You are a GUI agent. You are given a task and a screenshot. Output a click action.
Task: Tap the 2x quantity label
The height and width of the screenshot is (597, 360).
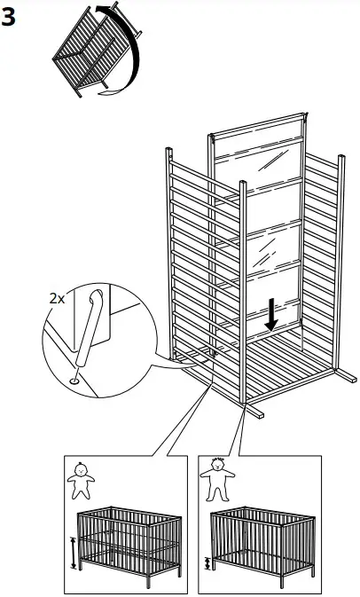tap(56, 299)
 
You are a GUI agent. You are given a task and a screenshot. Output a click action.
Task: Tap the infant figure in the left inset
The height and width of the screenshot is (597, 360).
tap(82, 483)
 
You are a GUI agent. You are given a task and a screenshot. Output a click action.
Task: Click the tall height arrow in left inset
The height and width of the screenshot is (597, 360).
tap(73, 552)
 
